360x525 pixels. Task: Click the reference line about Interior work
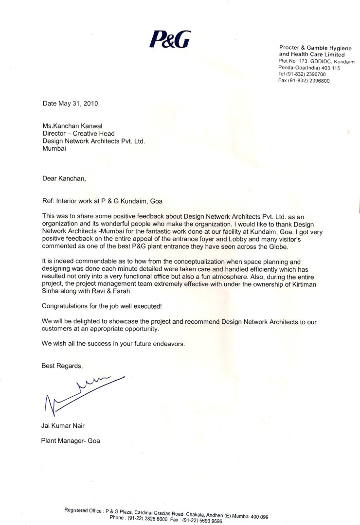(x=106, y=201)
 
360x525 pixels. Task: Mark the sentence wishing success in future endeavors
(x=113, y=343)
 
